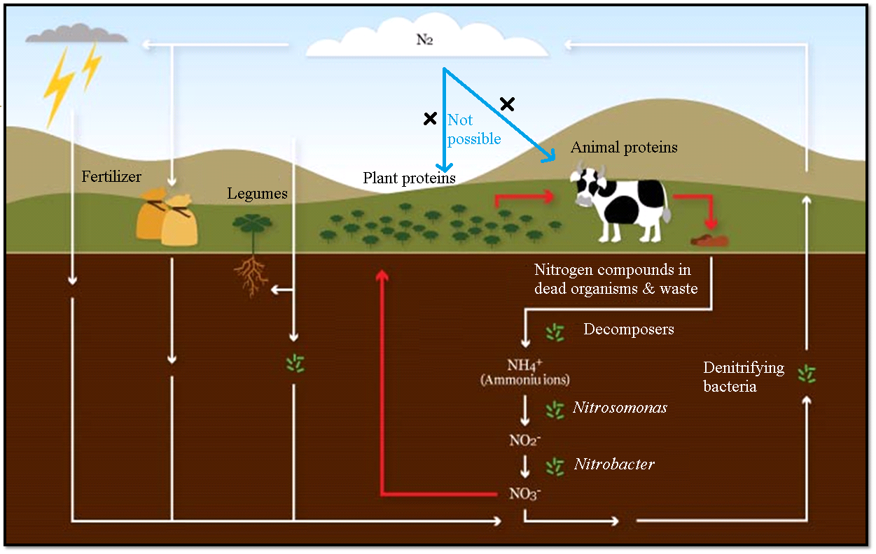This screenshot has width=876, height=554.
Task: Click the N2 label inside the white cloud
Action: tap(425, 39)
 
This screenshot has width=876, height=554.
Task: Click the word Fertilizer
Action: tap(111, 176)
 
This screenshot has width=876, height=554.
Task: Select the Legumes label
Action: tap(257, 193)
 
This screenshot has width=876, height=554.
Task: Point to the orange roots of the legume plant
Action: tap(251, 276)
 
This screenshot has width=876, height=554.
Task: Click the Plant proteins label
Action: tap(409, 178)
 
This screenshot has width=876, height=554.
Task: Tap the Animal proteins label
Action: tap(624, 148)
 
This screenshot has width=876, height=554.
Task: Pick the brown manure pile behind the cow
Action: tap(710, 239)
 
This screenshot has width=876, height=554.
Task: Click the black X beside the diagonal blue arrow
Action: tap(507, 104)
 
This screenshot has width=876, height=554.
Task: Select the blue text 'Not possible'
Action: tap(474, 129)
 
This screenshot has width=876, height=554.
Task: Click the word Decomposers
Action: tap(629, 329)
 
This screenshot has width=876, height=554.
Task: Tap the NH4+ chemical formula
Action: tap(524, 365)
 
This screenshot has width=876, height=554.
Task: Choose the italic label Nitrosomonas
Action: tap(620, 408)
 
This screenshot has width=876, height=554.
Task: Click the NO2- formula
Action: tap(524, 440)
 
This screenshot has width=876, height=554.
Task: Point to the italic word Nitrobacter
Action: tap(614, 464)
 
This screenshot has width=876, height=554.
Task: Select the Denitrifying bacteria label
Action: tap(744, 377)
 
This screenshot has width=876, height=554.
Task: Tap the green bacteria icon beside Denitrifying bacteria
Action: tap(807, 374)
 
